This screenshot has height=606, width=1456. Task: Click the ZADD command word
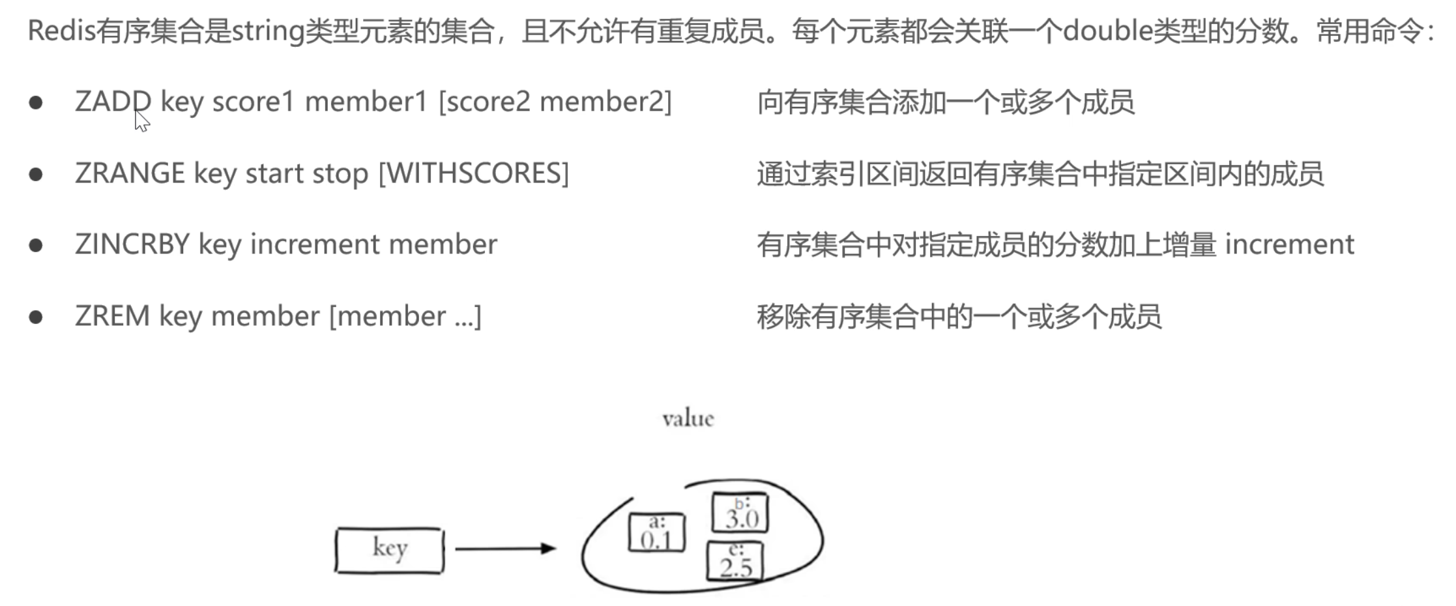point(113,102)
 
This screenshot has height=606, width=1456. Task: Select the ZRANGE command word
point(130,173)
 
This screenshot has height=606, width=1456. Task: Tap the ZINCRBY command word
point(132,244)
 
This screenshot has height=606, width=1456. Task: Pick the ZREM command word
point(112,316)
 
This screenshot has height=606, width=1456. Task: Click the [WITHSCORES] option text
point(474,173)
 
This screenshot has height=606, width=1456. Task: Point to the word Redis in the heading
point(61,31)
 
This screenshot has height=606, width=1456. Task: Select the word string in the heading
point(268,31)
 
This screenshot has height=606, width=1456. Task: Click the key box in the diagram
point(390,551)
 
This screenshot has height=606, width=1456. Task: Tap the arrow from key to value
point(505,549)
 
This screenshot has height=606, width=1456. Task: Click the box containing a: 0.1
point(657,533)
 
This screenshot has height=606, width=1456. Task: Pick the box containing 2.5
point(735,562)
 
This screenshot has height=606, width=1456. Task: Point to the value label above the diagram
point(688,418)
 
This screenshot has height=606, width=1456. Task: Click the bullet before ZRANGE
point(36,174)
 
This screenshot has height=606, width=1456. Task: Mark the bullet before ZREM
point(36,317)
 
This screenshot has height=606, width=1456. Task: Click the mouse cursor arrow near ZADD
point(141,121)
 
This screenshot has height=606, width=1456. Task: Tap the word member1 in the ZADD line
point(366,102)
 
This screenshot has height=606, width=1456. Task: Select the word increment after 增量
point(1289,244)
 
